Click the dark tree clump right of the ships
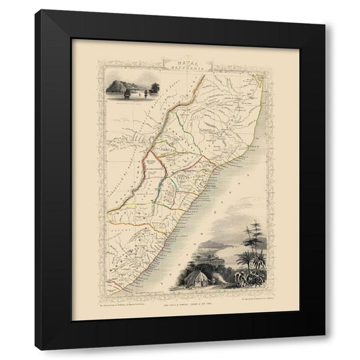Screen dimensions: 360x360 (x=157, y=88)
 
